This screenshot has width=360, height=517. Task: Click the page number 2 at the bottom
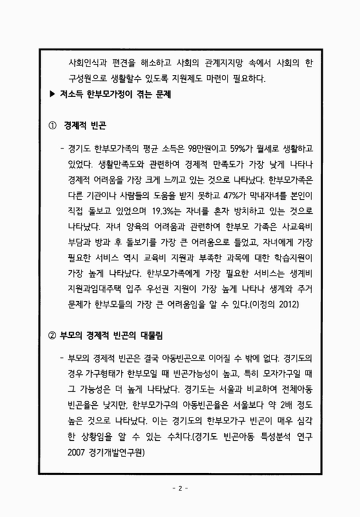(x=180, y=487)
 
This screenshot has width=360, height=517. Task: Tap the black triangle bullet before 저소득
(x=53, y=94)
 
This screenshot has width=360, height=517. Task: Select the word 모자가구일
(x=281, y=373)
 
